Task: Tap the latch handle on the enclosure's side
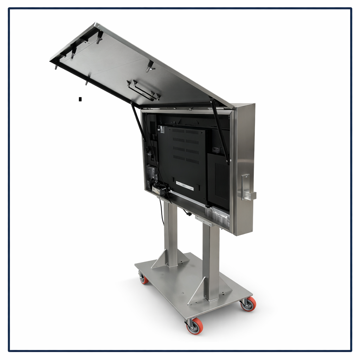pyautogui.click(x=247, y=188)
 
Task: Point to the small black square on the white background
pyautogui.click(x=80, y=99)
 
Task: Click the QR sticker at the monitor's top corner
pyautogui.click(x=162, y=129)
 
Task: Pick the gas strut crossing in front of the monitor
pyautogui.click(x=220, y=132)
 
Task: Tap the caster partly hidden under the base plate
pyautogui.click(x=143, y=278)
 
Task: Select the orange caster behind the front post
pyautogui.click(x=249, y=304)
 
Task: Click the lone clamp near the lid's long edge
pyautogui.click(x=150, y=66)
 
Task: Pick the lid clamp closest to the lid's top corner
pyautogui.click(x=99, y=36)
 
